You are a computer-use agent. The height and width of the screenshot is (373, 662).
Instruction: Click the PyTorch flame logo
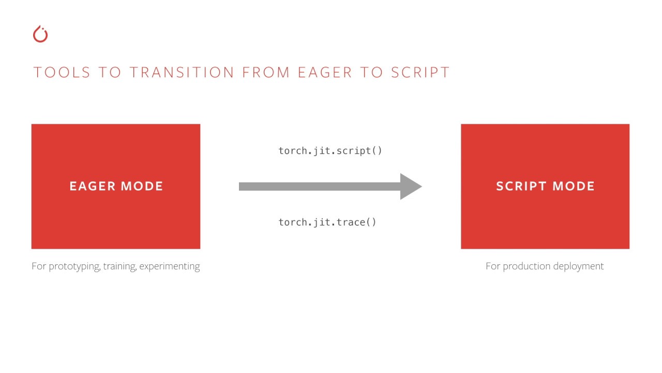(x=40, y=34)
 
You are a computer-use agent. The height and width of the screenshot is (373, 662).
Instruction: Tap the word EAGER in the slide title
(x=325, y=73)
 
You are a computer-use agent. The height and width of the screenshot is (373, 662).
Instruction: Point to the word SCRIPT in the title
(x=420, y=73)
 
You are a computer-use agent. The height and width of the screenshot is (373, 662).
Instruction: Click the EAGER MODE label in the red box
(x=116, y=187)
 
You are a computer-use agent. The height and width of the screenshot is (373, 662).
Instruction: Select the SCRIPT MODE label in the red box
(x=545, y=187)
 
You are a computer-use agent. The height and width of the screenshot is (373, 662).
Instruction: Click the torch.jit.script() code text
(x=330, y=151)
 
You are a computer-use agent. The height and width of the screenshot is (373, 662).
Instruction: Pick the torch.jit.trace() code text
(x=327, y=222)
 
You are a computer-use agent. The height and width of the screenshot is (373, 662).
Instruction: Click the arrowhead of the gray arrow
(x=411, y=187)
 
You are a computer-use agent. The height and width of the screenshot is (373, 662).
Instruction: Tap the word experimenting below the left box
(x=169, y=266)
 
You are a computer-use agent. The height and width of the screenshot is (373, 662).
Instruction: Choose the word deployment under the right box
(x=578, y=266)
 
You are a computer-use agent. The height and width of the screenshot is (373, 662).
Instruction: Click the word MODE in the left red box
(x=142, y=187)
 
